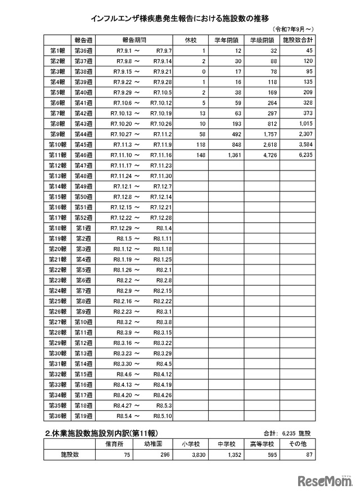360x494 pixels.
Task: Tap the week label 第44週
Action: pos(83,134)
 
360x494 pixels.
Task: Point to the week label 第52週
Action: pos(83,218)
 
